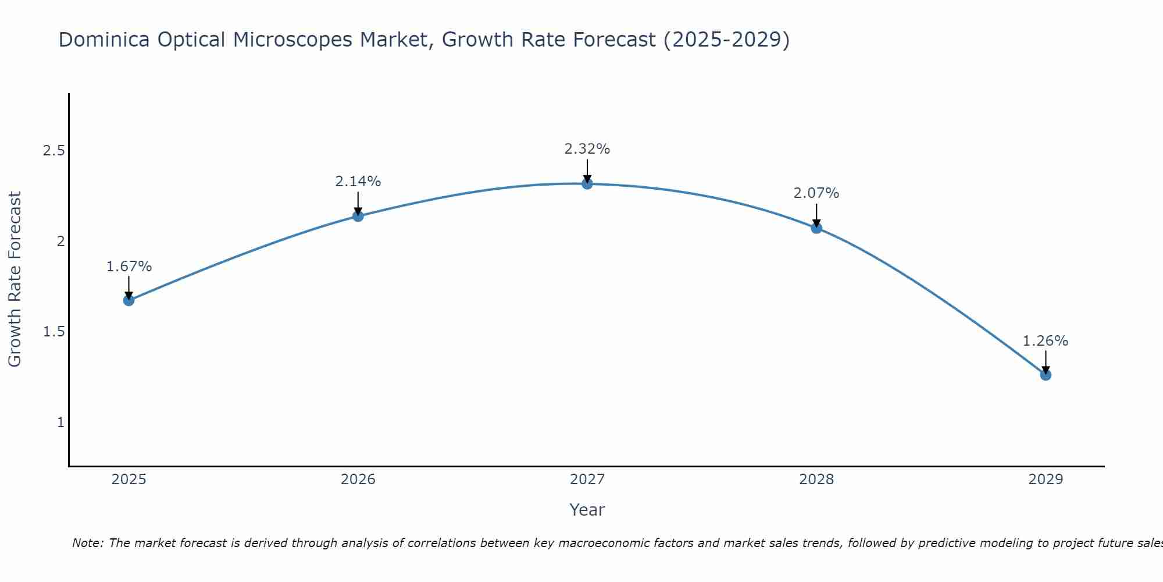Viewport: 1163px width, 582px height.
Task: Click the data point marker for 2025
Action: tap(129, 300)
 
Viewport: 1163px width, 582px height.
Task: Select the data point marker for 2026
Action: tap(358, 216)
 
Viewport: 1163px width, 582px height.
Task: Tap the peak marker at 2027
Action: tap(587, 184)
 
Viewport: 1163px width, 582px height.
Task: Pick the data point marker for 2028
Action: tap(816, 228)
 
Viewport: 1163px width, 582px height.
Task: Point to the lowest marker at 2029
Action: tap(1046, 375)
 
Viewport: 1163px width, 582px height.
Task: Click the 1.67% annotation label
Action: tap(129, 267)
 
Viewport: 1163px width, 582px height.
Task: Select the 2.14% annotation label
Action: tap(358, 182)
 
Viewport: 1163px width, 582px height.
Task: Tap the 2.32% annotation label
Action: tap(587, 149)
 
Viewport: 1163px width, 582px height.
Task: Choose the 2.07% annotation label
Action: tap(816, 193)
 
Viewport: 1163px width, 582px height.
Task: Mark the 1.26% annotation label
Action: tap(1046, 341)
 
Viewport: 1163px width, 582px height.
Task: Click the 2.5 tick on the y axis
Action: tap(53, 151)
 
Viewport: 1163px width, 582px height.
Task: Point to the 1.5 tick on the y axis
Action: tap(53, 332)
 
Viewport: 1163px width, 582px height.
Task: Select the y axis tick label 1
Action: tap(60, 423)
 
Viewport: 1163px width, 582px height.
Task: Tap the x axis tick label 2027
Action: tap(587, 480)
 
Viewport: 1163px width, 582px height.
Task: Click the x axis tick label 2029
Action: tap(1046, 480)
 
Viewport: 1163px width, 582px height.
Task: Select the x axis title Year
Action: tap(587, 510)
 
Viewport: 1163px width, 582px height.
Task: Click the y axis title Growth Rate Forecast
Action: tap(15, 279)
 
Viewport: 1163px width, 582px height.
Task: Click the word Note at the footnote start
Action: tap(87, 543)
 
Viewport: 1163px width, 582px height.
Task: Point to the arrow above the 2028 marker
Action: tap(816, 214)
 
